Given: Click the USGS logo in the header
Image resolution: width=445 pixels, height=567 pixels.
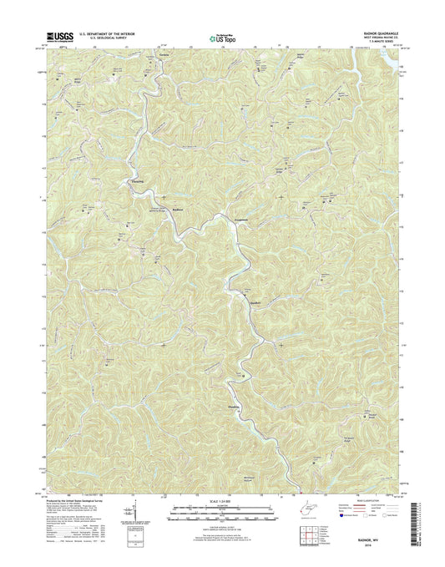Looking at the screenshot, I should click(51, 37).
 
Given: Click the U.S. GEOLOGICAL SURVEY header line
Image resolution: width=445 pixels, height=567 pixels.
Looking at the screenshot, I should click(106, 39).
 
